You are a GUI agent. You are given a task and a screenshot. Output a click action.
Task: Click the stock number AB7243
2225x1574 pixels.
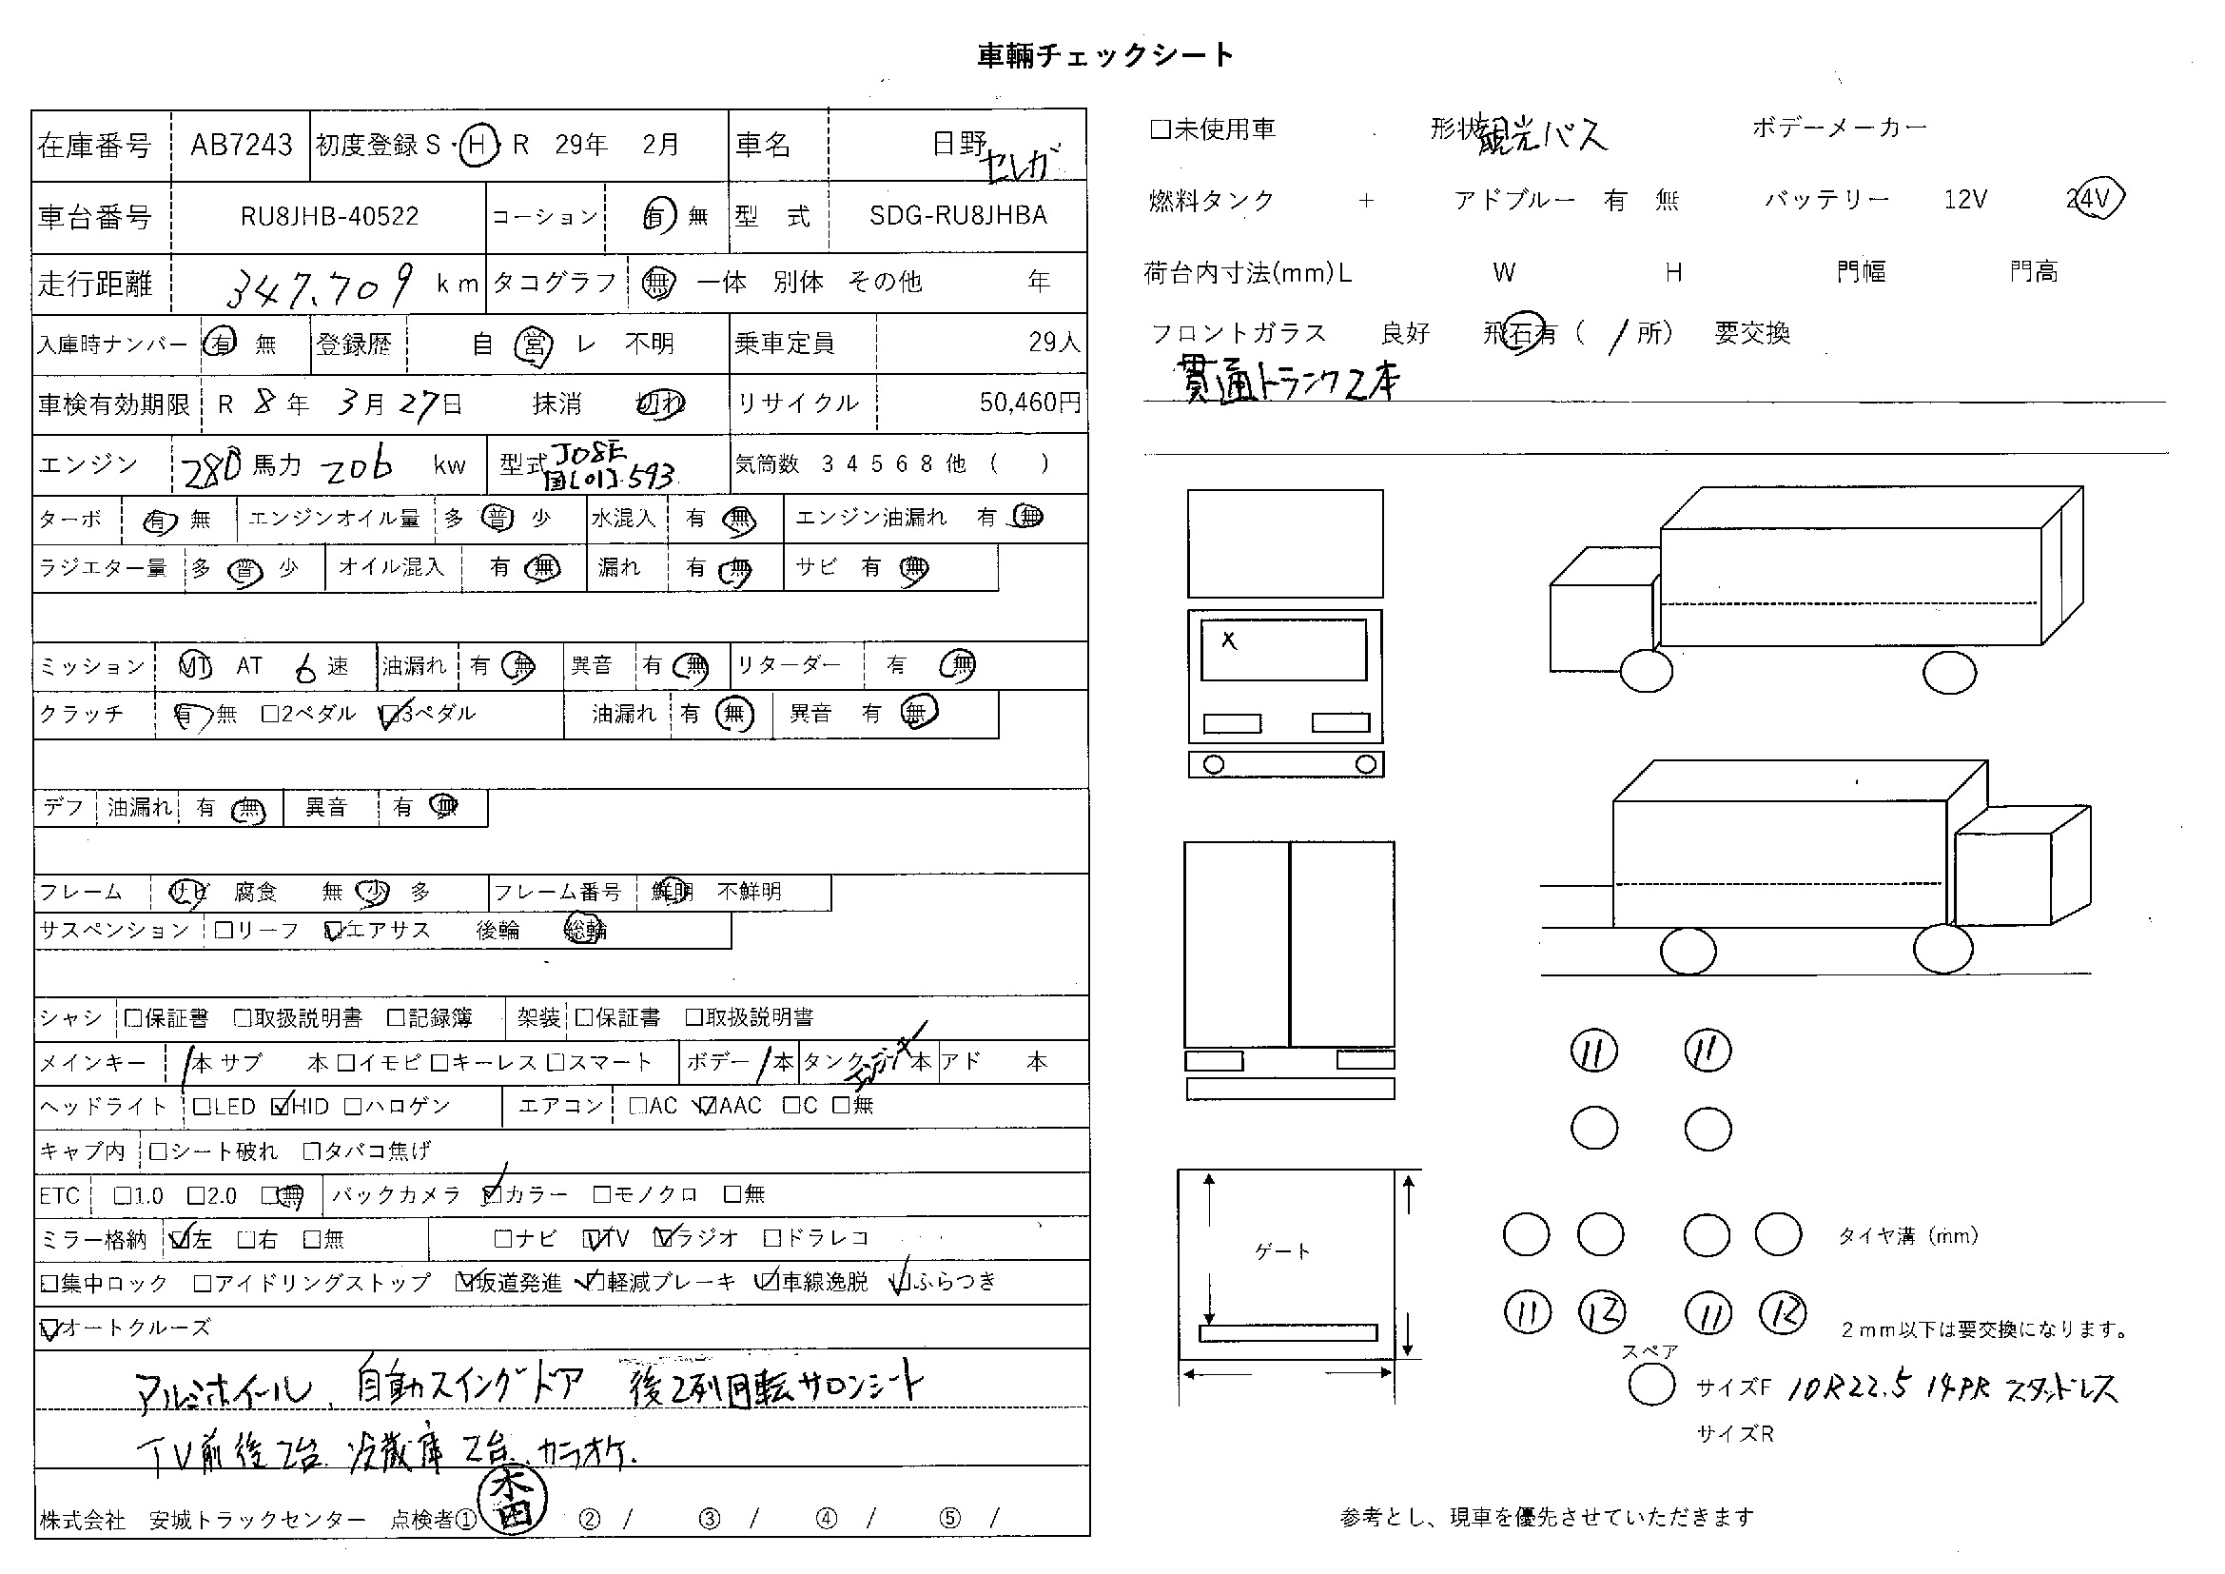coord(242,146)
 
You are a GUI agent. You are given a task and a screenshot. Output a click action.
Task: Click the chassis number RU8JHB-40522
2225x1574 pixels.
coord(329,216)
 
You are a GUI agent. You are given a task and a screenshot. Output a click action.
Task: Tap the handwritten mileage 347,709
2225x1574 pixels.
coord(321,284)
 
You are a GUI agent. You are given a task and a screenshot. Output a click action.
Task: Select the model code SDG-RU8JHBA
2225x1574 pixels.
coord(958,215)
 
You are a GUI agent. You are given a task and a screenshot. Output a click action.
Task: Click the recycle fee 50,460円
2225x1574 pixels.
coord(1029,403)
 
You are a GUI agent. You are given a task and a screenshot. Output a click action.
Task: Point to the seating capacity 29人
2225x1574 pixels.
coord(1053,343)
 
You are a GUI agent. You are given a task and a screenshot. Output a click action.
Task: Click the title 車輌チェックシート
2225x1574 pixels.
coord(1104,56)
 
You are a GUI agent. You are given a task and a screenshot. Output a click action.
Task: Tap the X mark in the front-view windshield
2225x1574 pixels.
coord(1229,640)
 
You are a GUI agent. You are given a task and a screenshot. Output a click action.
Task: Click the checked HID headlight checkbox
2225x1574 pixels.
coord(281,1106)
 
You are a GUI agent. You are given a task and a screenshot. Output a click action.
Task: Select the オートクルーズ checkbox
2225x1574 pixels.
coord(49,1328)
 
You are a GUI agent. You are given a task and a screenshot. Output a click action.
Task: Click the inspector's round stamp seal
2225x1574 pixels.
coord(514,1504)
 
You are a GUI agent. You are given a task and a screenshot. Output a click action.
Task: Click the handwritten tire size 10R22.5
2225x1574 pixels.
coord(1847,1387)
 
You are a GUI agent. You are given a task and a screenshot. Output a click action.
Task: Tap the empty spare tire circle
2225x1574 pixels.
coord(1651,1385)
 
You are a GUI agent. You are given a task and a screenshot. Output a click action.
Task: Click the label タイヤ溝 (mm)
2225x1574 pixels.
coord(1907,1236)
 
